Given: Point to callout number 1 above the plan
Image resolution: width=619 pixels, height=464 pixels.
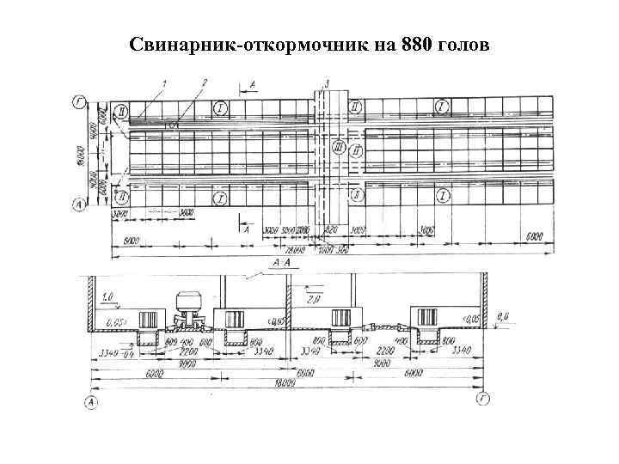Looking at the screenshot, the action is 164,82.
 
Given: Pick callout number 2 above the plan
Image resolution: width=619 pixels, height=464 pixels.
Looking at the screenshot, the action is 203,82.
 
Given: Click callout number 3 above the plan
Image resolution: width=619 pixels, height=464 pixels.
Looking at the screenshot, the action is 328,82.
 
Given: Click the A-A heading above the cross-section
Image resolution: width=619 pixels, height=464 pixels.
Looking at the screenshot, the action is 280,261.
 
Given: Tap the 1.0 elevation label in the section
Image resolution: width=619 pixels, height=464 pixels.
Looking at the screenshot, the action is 107,298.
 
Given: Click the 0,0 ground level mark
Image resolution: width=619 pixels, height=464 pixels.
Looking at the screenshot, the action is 504,317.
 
